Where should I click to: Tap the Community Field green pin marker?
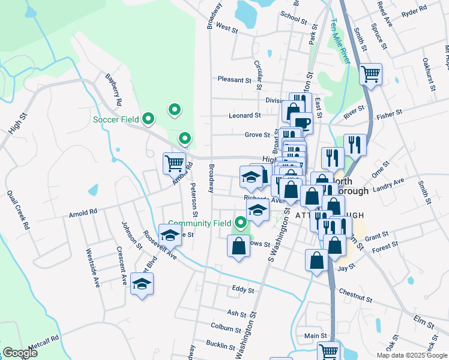[241, 223]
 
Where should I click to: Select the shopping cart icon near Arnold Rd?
[174, 162]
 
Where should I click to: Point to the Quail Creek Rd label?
[18, 211]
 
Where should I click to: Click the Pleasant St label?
[234, 79]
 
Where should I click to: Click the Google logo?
[20, 353]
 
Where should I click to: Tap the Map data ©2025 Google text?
[411, 355]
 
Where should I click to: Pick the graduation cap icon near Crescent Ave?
[142, 284]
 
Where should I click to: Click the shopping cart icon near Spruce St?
[371, 74]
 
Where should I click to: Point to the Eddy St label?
[243, 290]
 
